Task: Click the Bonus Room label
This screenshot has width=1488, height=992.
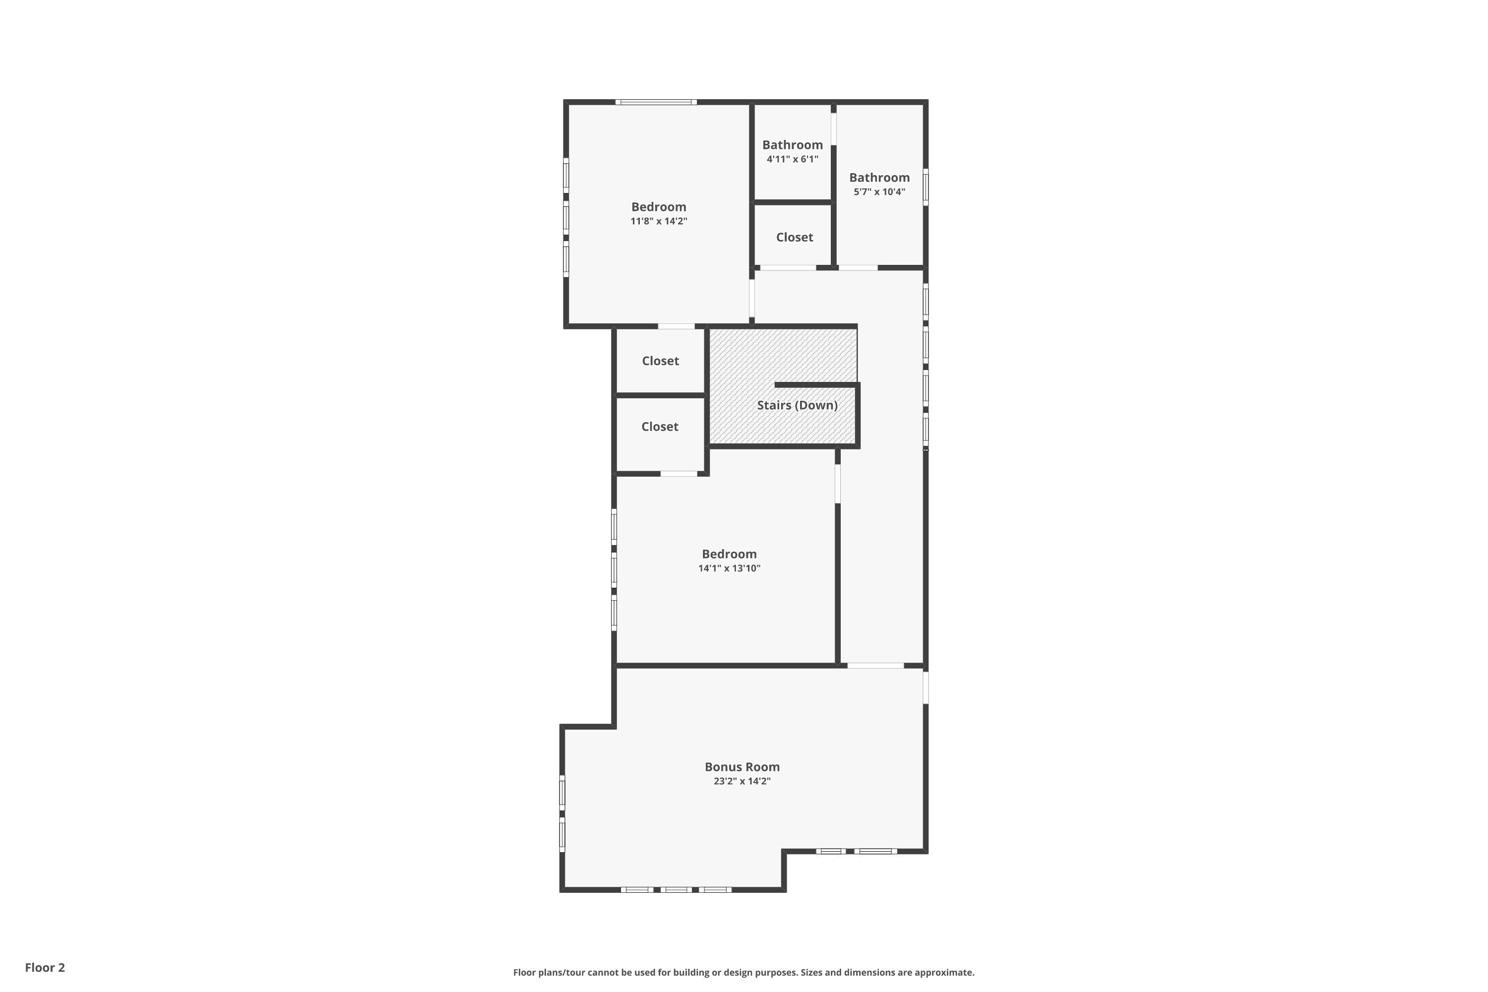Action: pos(742,767)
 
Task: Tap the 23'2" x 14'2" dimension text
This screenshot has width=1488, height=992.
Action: pos(742,781)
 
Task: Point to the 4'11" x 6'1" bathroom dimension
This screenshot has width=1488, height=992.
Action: pos(792,159)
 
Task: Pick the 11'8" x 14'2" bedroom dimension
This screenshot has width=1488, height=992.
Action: pos(659,221)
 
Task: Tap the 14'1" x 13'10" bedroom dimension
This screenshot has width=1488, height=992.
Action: pos(729,568)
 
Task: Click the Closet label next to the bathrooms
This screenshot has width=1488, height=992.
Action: pos(795,237)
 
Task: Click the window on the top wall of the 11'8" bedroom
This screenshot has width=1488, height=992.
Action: pos(656,102)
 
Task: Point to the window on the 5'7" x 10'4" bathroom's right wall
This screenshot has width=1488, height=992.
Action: pos(926,186)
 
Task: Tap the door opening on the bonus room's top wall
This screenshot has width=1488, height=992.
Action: pos(875,666)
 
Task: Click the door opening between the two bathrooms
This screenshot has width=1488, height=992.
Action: pos(834,128)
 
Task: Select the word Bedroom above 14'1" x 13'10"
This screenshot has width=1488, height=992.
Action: pos(729,554)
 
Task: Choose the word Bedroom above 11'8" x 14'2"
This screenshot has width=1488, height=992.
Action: pos(659,207)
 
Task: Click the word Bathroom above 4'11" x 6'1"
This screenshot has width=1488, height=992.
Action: pos(792,145)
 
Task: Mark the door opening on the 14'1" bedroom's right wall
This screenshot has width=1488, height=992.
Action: pos(838,484)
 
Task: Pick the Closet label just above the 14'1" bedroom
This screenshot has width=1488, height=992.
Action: pos(660,427)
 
